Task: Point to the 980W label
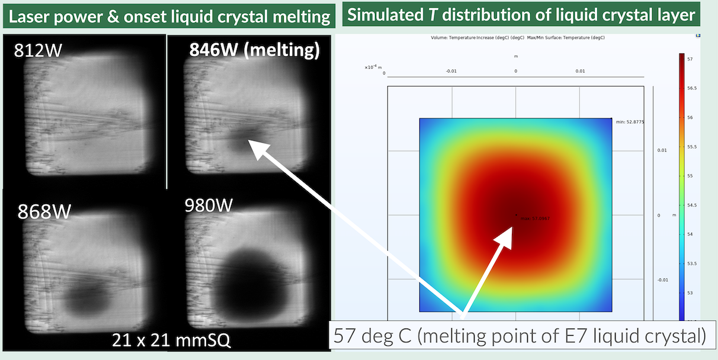coord(208,206)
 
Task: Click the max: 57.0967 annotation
coord(534,218)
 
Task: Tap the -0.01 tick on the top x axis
coord(451,71)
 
